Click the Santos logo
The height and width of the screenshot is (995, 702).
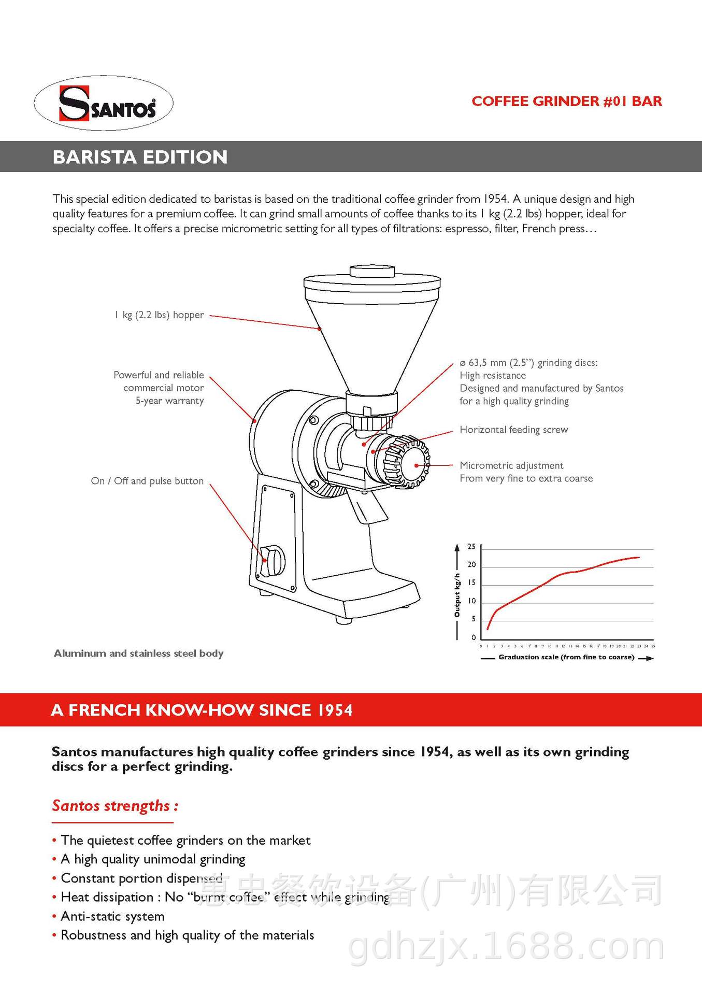coord(104,103)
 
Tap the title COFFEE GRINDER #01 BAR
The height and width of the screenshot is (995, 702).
coord(566,101)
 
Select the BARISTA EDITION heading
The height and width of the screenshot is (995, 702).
coord(140,157)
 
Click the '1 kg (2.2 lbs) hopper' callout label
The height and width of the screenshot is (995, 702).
coord(159,315)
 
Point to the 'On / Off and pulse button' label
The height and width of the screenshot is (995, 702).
coord(147,481)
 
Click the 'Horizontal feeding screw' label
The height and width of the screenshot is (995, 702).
coord(513,430)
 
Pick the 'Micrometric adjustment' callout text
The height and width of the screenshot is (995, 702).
coord(511,465)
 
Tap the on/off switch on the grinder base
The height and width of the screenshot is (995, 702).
coord(271,561)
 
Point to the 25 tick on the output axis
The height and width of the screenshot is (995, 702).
coord(471,547)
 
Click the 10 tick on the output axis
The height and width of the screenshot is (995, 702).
coord(471,601)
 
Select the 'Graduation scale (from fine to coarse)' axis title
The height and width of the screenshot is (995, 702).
coord(566,657)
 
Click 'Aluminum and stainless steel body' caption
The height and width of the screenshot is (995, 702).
coord(138,653)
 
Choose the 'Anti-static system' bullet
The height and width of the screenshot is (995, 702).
coord(112,916)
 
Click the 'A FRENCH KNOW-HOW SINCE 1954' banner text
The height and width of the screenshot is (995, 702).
coord(202,710)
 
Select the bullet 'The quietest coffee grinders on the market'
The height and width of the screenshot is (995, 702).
coord(185,840)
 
